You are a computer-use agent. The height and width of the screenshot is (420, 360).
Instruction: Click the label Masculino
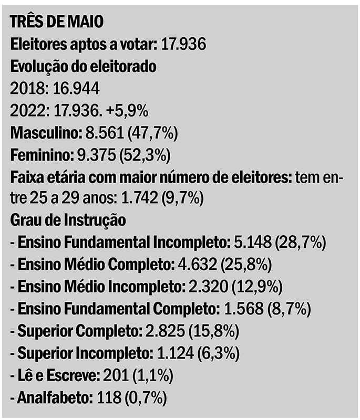click(x=43, y=133)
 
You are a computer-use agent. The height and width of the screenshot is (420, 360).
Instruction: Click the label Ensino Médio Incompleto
click(x=100, y=287)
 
